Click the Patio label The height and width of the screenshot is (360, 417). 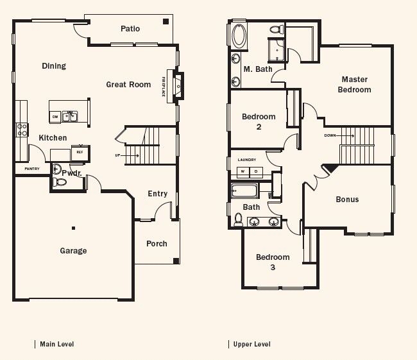point(130,29)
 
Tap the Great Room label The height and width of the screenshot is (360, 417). point(128,85)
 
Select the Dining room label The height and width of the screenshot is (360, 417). point(54,66)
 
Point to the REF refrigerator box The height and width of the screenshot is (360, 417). point(80,153)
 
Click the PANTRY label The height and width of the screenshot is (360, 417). point(32,169)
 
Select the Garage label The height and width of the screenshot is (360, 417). point(73,251)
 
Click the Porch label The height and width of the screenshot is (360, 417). point(157,244)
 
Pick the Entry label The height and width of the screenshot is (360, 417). point(157,194)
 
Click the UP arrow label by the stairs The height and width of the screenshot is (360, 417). point(116,155)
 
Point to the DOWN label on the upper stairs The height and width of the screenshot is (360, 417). point(330,135)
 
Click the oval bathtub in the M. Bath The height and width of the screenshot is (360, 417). point(239,36)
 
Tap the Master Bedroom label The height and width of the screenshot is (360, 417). point(354,85)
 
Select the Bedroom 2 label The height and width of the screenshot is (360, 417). point(259,121)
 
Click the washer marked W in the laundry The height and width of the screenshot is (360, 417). point(243,172)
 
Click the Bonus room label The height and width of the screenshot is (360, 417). point(347,200)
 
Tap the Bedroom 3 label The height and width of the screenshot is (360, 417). point(273,262)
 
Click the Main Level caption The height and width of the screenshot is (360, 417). point(56,345)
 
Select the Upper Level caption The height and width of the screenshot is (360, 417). point(251,345)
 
